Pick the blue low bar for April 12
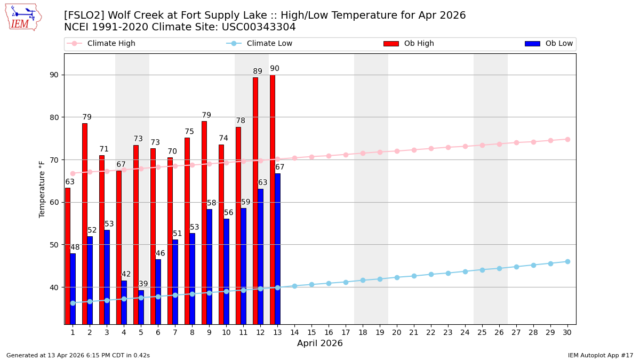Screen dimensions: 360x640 260,256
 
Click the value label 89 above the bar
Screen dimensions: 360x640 258,71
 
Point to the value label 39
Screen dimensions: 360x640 143,284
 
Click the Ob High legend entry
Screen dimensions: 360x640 409,44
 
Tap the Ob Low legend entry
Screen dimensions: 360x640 549,44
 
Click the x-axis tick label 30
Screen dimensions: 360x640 567,332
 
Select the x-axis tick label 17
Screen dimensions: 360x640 346,332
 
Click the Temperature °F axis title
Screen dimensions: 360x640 42,189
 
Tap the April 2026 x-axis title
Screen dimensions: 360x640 320,343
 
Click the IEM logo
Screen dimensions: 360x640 23,17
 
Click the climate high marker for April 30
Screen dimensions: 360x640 567,139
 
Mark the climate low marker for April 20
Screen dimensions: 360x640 397,277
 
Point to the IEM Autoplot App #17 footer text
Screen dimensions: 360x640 601,355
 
